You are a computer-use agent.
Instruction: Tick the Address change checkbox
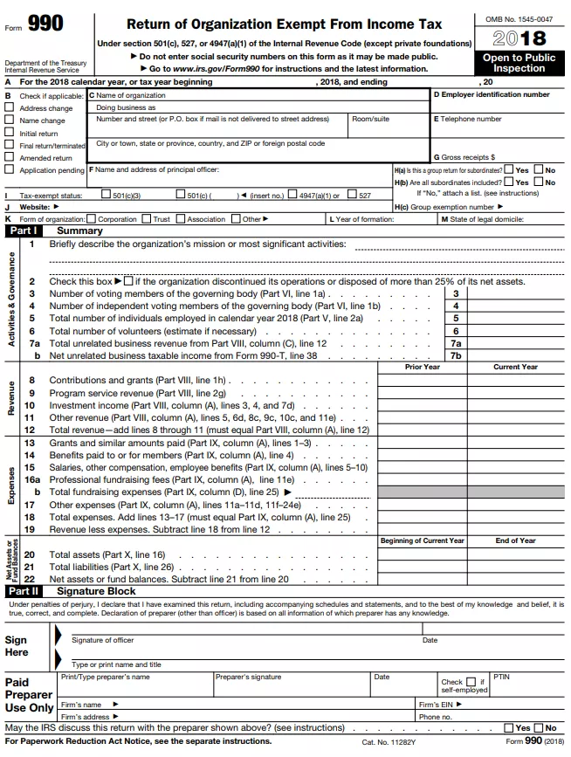click(x=10, y=108)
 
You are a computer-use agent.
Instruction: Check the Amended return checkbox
click(x=10, y=158)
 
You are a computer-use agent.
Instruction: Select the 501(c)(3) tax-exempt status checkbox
click(x=106, y=196)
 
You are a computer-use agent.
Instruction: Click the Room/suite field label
click(x=371, y=119)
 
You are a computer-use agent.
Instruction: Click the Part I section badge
click(x=24, y=231)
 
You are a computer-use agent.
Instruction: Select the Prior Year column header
click(x=422, y=367)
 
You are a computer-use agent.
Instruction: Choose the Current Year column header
click(x=515, y=367)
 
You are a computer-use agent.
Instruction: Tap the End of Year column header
click(x=515, y=540)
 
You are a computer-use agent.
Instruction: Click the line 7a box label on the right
click(x=455, y=344)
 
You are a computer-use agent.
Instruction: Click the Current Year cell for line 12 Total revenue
click(x=515, y=430)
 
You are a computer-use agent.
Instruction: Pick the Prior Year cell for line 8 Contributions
click(x=422, y=380)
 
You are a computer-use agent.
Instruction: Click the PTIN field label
click(x=501, y=677)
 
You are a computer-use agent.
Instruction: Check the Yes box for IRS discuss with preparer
click(x=509, y=727)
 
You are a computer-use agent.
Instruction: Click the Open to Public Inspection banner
click(x=519, y=63)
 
